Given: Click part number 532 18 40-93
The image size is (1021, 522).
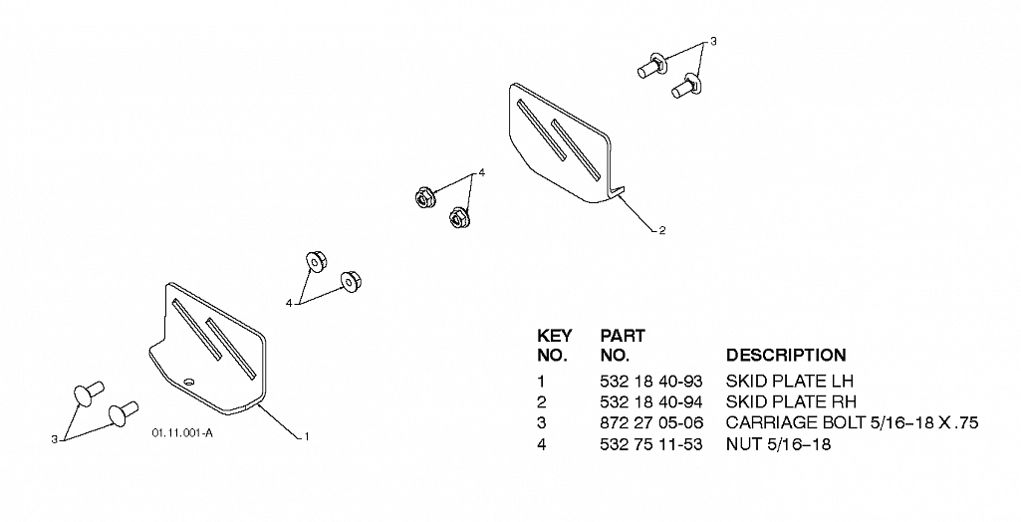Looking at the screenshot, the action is tap(651, 381).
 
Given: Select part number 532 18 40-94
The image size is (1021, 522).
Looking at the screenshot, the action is tap(651, 401).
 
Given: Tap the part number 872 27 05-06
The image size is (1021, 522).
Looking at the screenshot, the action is tap(651, 423).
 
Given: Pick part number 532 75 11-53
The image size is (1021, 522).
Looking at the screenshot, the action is tap(651, 444).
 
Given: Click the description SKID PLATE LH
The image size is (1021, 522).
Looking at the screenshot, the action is tap(789, 381).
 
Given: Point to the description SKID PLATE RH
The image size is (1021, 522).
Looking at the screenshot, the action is tap(791, 401).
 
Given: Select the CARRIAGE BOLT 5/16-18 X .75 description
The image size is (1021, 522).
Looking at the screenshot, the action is tap(853, 423).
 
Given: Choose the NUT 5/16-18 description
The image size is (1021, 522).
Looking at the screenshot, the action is tap(778, 444).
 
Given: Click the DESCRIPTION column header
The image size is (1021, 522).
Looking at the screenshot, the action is tap(786, 356).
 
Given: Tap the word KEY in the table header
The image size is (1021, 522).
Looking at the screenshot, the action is tap(555, 336).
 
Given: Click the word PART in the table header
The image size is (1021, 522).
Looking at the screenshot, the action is tap(623, 336).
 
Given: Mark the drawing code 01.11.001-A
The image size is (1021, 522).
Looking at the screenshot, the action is tap(182, 433).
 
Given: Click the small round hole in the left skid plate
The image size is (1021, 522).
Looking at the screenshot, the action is tap(189, 382).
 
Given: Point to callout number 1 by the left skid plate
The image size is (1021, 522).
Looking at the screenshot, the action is tap(307, 436).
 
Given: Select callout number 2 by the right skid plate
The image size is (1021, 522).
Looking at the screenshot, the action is tap(662, 230).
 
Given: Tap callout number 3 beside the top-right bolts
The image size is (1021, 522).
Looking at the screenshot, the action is tap(713, 42).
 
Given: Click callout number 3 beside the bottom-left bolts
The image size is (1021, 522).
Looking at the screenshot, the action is tap(54, 440).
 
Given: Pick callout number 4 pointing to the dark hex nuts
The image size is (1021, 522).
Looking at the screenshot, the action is tap(482, 172).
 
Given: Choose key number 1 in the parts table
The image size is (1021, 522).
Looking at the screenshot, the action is tap(541, 381).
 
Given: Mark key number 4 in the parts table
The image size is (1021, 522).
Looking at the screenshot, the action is tap(542, 444).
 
